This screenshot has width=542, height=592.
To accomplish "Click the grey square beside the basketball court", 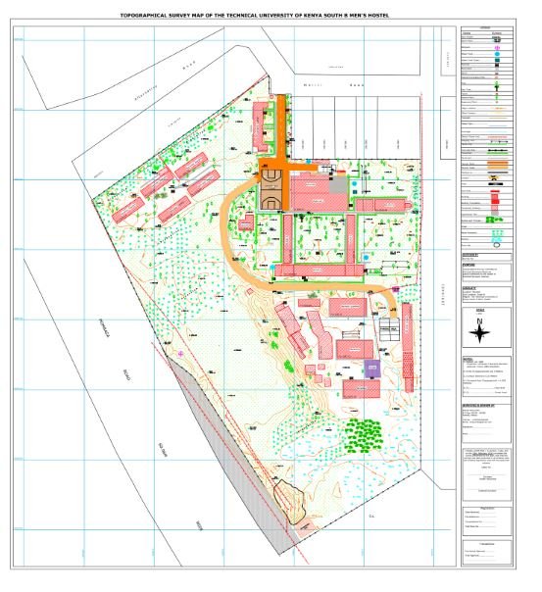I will point(337,183).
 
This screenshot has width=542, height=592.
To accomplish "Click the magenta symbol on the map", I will point(182,353).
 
